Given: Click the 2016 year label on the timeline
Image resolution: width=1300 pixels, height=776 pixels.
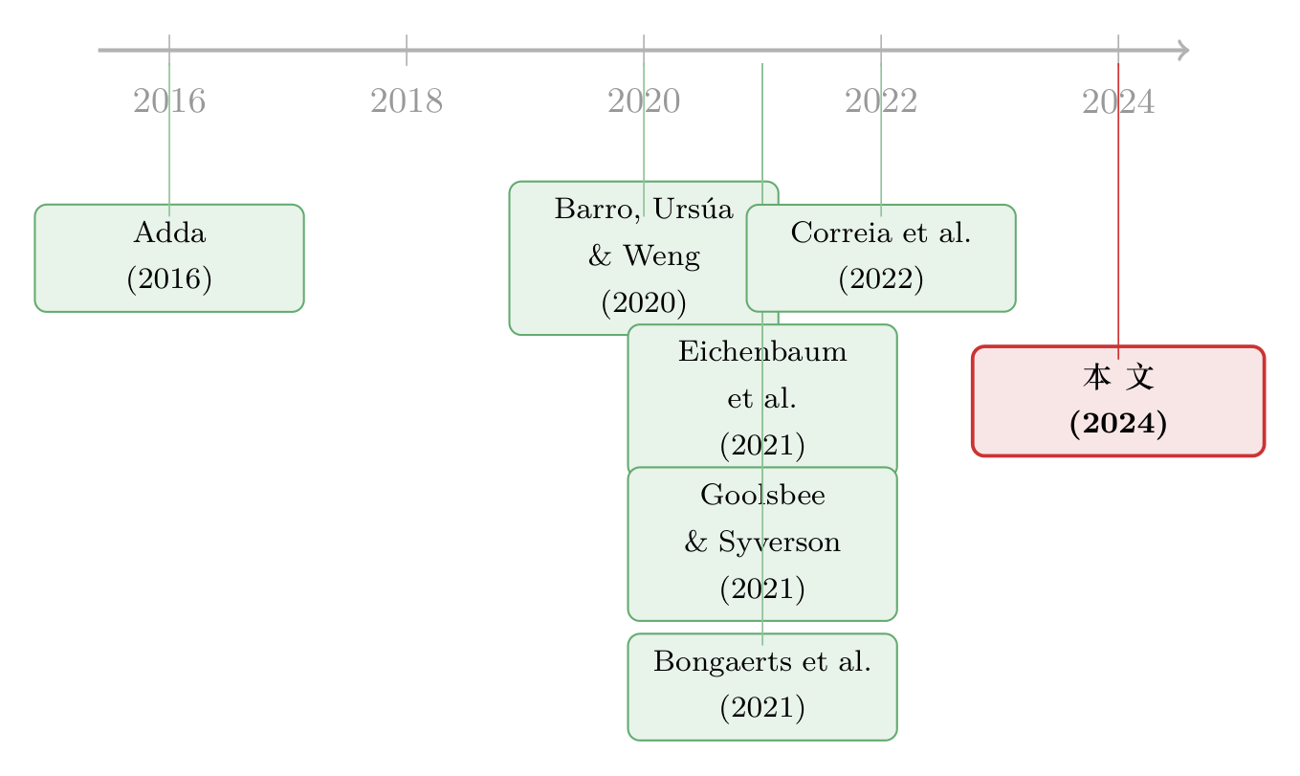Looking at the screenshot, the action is pos(169,101).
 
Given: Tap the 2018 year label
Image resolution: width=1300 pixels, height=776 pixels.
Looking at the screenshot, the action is pos(407,101).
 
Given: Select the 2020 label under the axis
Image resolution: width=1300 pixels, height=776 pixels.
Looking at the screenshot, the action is pos(644,101).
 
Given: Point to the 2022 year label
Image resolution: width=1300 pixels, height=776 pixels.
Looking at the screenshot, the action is pos(881,101).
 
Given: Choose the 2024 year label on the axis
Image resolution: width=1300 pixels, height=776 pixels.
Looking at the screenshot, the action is pos(1118,101).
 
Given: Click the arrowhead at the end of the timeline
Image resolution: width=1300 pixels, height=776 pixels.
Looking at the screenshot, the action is pos(1184,50).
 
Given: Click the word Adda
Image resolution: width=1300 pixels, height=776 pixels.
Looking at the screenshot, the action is pos(169,233).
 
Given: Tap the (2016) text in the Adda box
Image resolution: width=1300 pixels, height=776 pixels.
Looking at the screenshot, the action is pos(169,278).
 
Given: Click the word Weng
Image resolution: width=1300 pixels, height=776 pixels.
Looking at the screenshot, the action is pos(662,256).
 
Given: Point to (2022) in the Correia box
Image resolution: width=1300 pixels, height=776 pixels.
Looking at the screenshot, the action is pos(881,278).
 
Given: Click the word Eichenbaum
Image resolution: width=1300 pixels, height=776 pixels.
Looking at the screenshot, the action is pos(762,352).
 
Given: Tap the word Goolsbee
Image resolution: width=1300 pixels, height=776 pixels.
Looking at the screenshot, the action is pos(762,495).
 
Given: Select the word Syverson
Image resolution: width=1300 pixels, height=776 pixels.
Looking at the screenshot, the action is pos(780,543).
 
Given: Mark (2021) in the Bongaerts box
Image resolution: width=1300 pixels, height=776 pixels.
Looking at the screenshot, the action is pos(762,707).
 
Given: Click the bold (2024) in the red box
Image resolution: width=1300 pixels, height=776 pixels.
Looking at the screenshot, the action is pos(1118,423).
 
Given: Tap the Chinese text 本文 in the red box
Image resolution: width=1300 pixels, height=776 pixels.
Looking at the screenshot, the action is pos(1118,377).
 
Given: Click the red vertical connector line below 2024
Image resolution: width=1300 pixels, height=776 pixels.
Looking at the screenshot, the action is pos(1118,211).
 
